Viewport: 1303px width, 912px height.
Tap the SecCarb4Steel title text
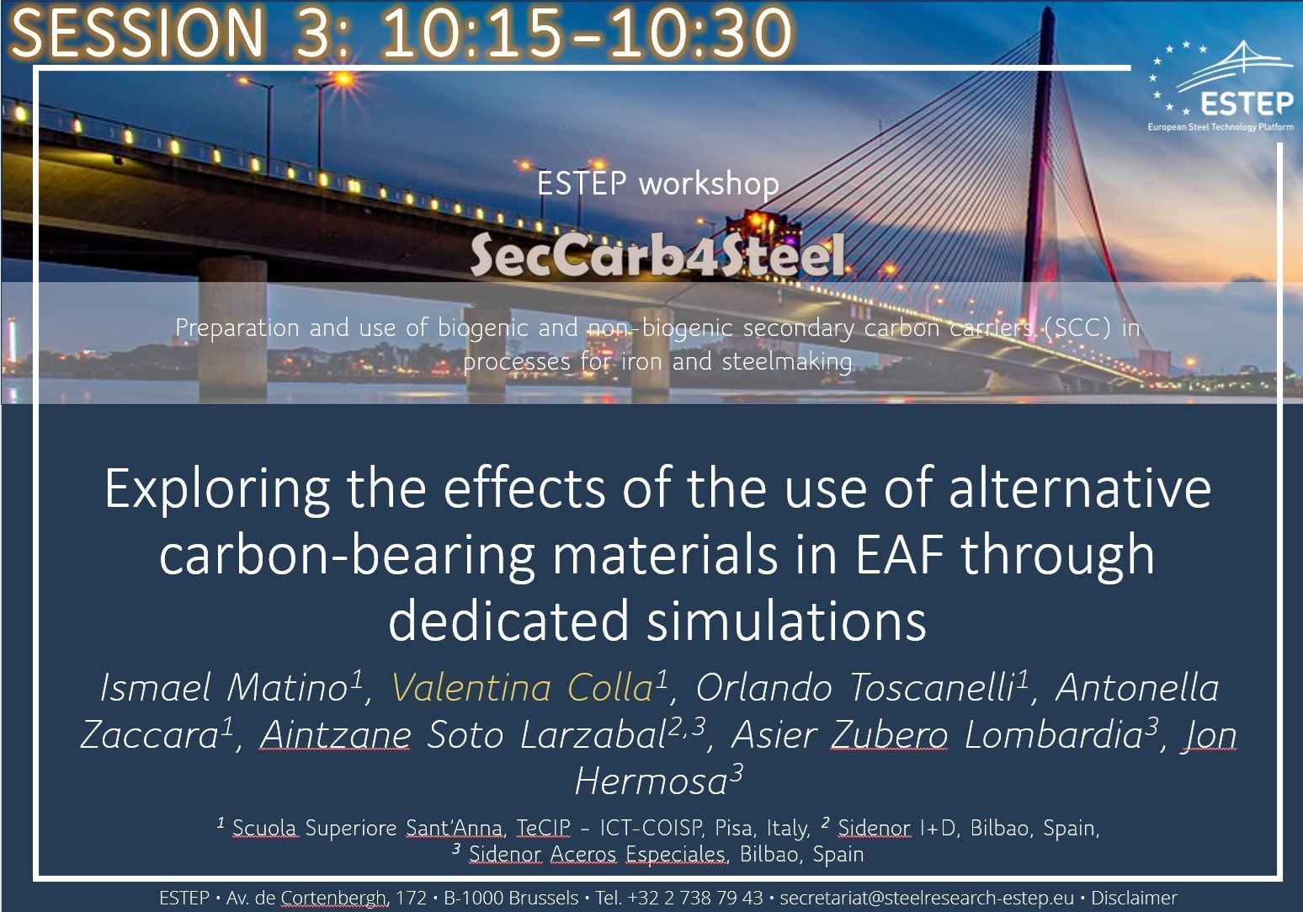(x=657, y=254)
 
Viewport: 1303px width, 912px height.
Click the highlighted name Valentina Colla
(x=522, y=687)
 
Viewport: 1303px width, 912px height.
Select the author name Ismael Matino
(x=224, y=687)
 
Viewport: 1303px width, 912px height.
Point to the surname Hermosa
(x=651, y=781)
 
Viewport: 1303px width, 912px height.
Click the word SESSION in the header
(x=137, y=31)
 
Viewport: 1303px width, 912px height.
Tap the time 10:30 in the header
(x=700, y=31)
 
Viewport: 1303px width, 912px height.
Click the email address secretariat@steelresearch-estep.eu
(x=927, y=898)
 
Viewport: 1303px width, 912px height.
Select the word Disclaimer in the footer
(x=1134, y=898)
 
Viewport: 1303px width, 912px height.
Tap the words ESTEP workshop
(x=658, y=184)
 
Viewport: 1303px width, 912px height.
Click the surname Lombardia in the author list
(x=1053, y=734)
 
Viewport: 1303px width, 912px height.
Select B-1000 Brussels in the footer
(x=511, y=898)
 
